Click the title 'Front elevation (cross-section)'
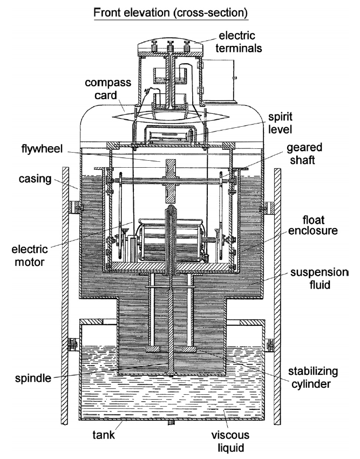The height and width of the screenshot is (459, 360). click(x=171, y=12)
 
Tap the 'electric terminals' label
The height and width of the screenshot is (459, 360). click(x=239, y=42)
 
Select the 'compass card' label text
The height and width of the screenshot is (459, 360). click(x=108, y=88)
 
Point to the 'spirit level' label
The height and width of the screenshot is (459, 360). click(x=280, y=122)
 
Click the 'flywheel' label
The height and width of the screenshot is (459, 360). click(x=42, y=149)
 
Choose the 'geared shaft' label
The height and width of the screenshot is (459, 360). click(x=304, y=154)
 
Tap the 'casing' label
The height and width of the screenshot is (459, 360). click(x=35, y=179)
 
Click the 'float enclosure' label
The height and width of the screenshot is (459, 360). click(x=313, y=225)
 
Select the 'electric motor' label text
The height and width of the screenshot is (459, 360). click(x=30, y=256)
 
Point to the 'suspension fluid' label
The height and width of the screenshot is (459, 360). click(x=319, y=278)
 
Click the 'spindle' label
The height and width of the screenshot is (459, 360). click(x=33, y=378)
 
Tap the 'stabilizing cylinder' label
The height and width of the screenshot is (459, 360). click(x=313, y=378)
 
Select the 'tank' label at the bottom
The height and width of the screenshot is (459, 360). click(x=104, y=434)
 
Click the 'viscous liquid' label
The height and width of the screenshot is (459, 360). click(x=230, y=441)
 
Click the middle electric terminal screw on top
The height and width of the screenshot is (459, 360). click(x=170, y=47)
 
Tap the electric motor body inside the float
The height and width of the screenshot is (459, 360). click(x=172, y=239)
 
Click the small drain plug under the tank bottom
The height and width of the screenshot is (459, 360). click(x=170, y=422)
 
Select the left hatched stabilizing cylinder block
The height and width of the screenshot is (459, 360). click(x=153, y=349)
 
